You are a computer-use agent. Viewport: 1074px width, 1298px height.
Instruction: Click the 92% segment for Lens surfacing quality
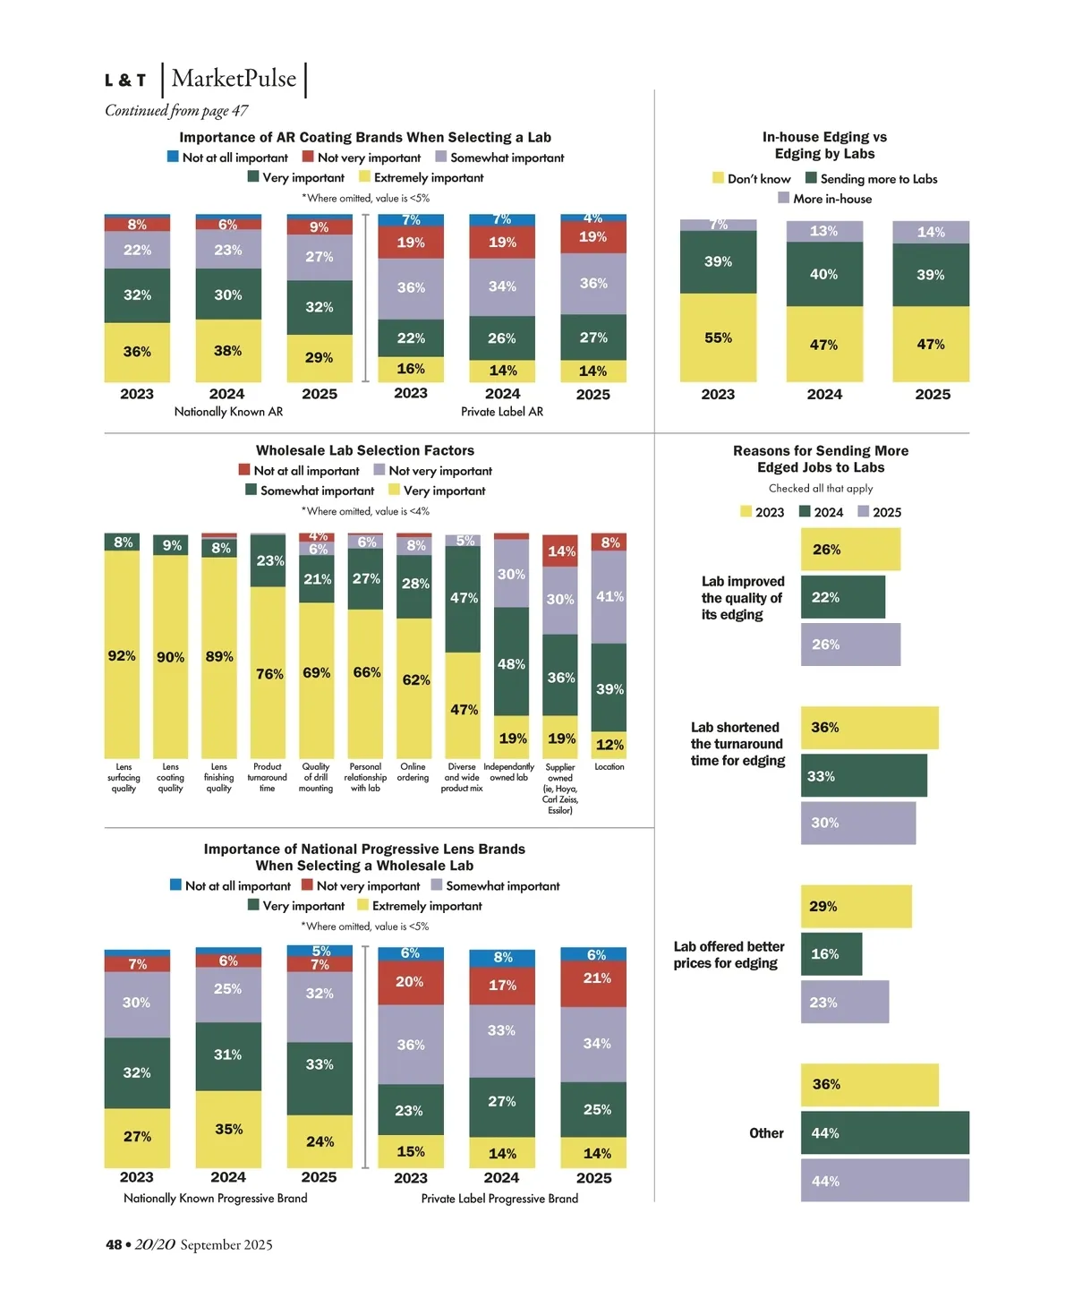point(123,655)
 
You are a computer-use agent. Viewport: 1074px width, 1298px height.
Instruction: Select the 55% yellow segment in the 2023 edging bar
point(718,337)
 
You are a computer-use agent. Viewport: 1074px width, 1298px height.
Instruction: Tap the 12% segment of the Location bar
point(609,744)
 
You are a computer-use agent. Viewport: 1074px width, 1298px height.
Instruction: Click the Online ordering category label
point(413,773)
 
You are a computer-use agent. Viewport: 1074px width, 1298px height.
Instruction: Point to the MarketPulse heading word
point(234,79)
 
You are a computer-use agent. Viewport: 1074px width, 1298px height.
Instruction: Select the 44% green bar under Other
point(884,1132)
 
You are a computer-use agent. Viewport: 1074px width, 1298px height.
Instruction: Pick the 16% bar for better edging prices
point(831,954)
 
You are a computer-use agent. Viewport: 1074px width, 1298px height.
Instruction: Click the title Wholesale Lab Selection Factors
point(365,450)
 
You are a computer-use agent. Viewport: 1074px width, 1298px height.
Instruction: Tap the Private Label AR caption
point(502,412)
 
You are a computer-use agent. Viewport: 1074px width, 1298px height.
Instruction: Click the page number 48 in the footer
point(114,1244)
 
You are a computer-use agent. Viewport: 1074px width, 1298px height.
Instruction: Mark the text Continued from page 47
point(176,110)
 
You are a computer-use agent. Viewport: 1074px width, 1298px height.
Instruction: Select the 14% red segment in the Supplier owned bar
point(560,551)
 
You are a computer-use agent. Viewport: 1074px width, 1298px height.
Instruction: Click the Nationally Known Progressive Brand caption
point(215,1198)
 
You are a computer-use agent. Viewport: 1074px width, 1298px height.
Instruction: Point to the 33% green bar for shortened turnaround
point(863,775)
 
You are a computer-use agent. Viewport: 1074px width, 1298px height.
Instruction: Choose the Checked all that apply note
point(821,488)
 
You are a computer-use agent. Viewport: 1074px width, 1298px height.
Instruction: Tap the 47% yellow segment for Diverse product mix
point(464,709)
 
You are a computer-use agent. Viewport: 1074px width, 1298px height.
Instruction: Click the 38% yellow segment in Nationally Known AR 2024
point(228,351)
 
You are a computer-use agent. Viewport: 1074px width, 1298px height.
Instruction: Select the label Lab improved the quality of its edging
point(743,598)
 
